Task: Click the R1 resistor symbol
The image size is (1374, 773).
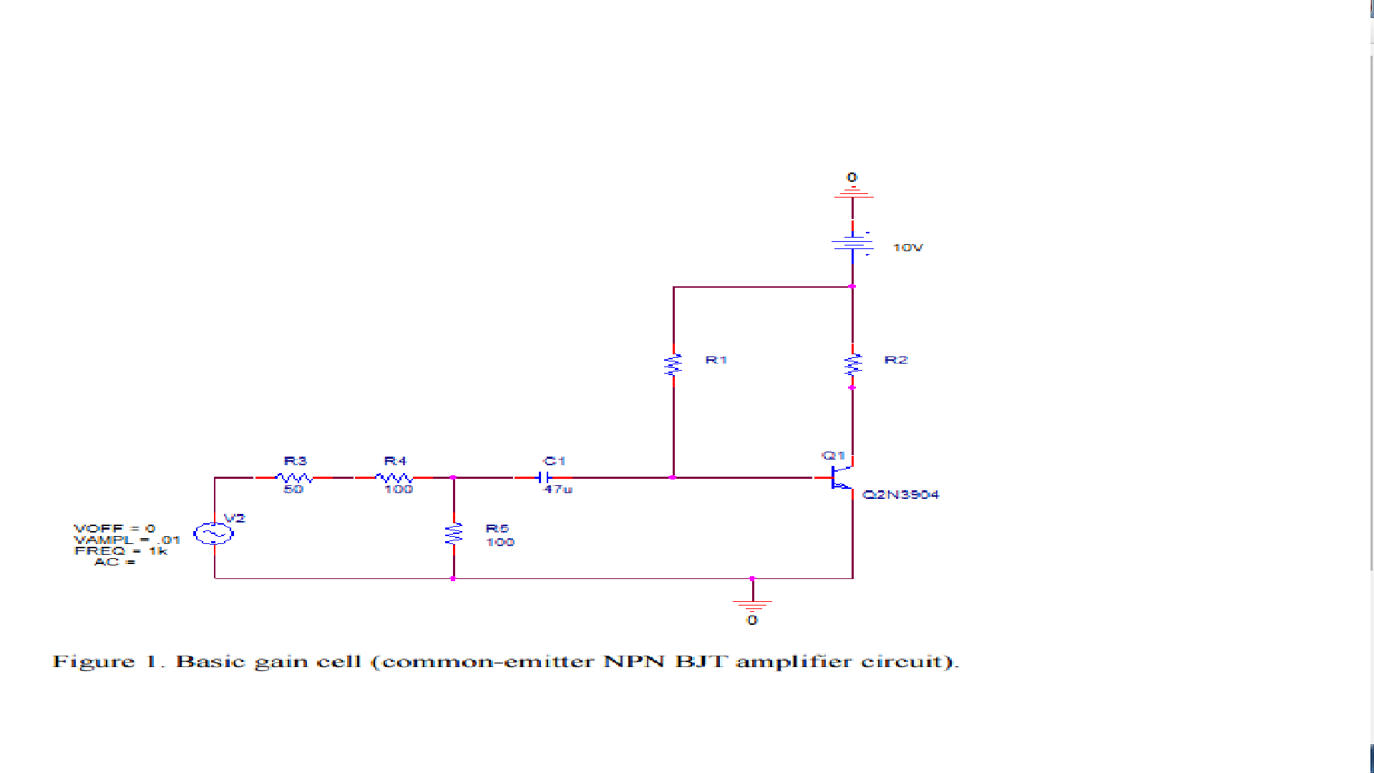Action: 673,365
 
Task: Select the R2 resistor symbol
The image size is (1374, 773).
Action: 852,365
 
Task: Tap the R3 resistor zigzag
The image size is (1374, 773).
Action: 294,477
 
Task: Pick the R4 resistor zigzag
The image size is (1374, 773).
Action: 394,477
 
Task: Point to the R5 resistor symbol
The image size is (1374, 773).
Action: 454,534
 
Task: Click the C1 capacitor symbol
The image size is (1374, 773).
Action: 545,477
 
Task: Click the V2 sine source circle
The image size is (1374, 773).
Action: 214,534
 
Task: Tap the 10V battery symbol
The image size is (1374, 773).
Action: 852,244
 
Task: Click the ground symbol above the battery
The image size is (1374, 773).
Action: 852,192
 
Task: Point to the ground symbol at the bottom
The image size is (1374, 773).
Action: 752,605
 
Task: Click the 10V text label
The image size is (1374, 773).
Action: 907,248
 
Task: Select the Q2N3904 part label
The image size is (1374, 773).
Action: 900,495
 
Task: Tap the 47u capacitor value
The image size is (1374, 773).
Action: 558,490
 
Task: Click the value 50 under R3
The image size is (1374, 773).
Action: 293,490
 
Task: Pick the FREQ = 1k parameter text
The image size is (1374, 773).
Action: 120,551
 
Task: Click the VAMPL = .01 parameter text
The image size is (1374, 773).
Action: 127,540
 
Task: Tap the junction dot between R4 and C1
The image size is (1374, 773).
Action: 453,477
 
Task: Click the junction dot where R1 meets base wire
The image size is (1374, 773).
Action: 673,477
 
